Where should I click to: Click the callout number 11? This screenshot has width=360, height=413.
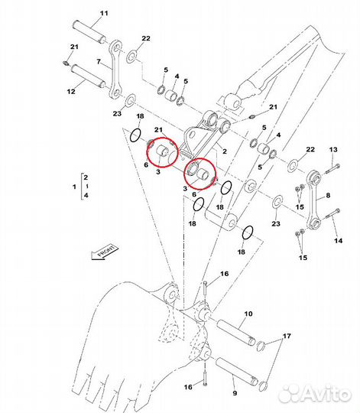104,13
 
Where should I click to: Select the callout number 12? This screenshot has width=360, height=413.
71,92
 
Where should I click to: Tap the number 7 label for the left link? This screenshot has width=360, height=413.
99,62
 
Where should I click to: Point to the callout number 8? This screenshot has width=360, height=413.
328,195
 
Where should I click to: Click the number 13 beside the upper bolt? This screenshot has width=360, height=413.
333,149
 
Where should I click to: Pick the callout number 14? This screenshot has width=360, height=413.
339,240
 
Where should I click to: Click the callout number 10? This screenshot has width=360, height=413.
248,314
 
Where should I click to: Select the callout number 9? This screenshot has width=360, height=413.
235,393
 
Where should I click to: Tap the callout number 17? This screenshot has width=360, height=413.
287,336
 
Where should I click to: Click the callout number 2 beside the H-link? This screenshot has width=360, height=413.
225,151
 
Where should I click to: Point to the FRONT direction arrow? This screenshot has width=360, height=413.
105,253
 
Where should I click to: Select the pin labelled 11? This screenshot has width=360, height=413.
89,32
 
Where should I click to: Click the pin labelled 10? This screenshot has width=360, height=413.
235,333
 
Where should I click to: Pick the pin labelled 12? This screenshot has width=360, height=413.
89,76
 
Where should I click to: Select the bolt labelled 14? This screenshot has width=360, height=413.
332,213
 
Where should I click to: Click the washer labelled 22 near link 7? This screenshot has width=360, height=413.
131,56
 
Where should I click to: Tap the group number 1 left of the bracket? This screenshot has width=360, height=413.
74,187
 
